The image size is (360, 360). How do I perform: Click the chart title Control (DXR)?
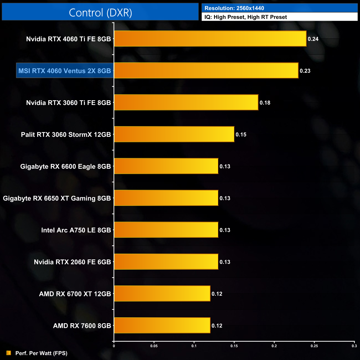pyautogui.click(x=100, y=13)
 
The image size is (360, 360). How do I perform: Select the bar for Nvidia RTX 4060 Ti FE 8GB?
pyautogui.click(x=210, y=39)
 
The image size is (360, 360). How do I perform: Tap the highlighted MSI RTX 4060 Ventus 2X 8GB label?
pyautogui.click(x=65, y=71)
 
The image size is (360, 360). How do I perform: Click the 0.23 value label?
pyautogui.click(x=305, y=71)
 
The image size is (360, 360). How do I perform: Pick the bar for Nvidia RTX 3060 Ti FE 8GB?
pyautogui.click(x=186, y=102)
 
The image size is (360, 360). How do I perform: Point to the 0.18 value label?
pyautogui.click(x=265, y=103)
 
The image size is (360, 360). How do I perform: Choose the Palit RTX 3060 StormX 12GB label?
pyautogui.click(x=66, y=135)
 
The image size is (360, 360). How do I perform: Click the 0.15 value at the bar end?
pyautogui.click(x=241, y=135)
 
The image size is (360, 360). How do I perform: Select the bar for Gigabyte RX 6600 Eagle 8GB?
pyautogui.click(x=166, y=166)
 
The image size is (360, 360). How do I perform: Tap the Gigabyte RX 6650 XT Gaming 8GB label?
pyautogui.click(x=57, y=198)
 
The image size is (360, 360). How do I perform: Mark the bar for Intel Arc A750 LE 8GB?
pyautogui.click(x=166, y=230)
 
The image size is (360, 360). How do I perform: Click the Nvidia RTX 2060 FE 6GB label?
pyautogui.click(x=72, y=262)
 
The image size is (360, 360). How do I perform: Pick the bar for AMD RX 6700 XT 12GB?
pyautogui.click(x=162, y=294)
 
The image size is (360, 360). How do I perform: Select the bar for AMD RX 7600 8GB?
pyautogui.click(x=162, y=325)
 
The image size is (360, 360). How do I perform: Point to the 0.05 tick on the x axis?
pyautogui.click(x=154, y=346)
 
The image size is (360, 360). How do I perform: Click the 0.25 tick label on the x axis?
pyautogui.click(x=314, y=346)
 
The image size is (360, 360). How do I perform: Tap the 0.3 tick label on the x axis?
pyautogui.click(x=354, y=346)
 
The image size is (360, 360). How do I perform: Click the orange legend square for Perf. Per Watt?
pyautogui.click(x=9, y=353)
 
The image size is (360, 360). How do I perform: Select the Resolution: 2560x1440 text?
pyautogui.click(x=234, y=8)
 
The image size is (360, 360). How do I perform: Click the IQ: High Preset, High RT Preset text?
pyautogui.click(x=246, y=17)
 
